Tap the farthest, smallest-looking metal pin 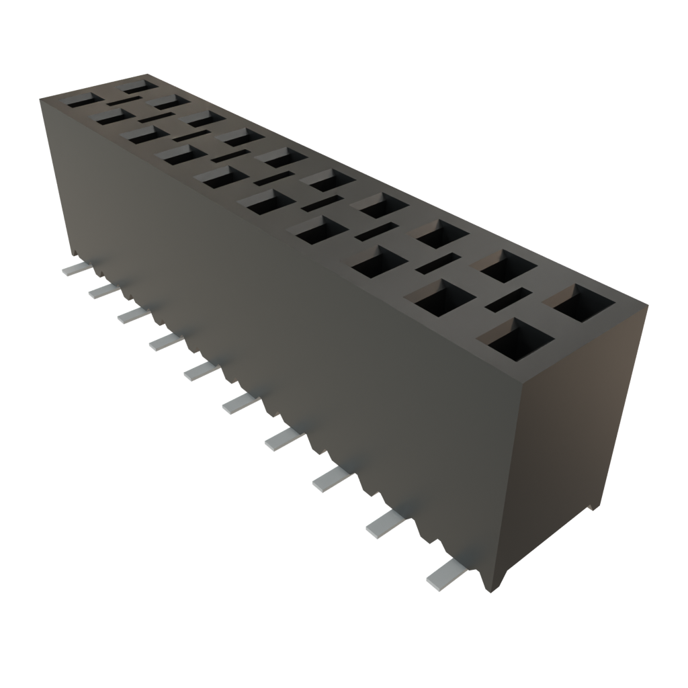75,269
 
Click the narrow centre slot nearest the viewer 509,300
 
